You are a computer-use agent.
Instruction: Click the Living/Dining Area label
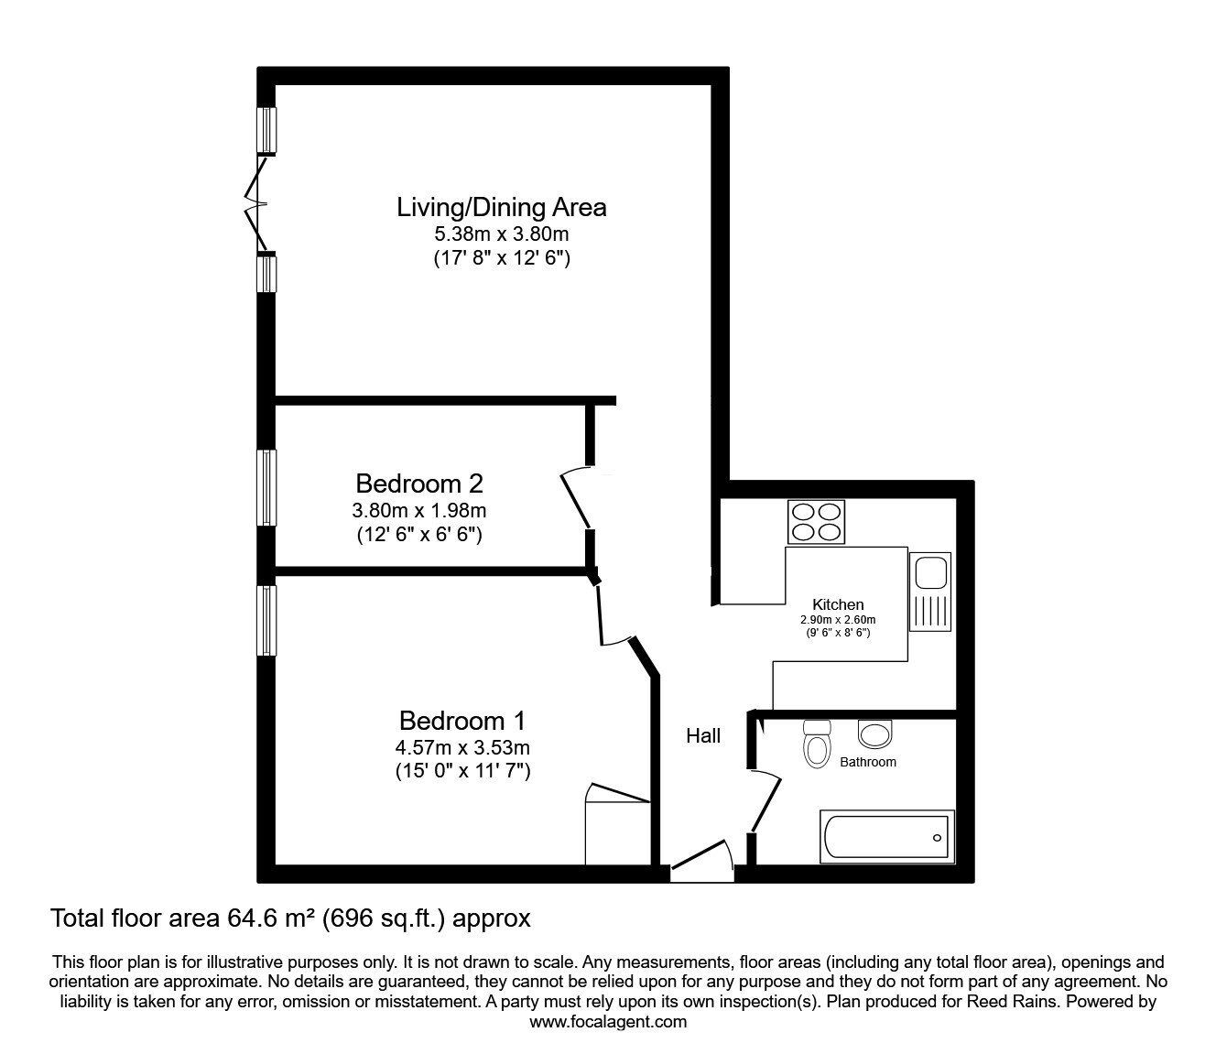[501, 207]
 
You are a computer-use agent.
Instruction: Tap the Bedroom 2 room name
[419, 483]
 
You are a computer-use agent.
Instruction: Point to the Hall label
[703, 735]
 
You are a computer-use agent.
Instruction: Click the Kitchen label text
[838, 604]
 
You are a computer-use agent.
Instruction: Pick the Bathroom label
[868, 762]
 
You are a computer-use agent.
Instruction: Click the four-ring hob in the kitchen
[815, 522]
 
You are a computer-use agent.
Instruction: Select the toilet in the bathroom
[815, 743]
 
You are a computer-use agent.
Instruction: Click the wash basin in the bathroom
[875, 733]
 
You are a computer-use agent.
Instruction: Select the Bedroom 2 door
[577, 499]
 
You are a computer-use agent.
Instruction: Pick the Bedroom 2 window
[266, 487]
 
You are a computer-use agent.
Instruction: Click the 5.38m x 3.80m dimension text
[501, 235]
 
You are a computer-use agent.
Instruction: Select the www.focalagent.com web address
[608, 1022]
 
